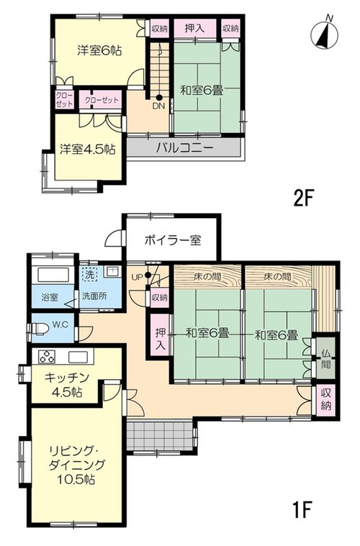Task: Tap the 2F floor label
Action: pyautogui.click(x=305, y=199)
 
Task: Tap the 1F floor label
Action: pyautogui.click(x=302, y=509)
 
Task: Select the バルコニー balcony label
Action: pyautogui.click(x=184, y=148)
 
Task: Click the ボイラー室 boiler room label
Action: pyautogui.click(x=173, y=240)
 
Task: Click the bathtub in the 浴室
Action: pyautogui.click(x=53, y=274)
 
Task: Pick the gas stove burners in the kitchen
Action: pyautogui.click(x=46, y=357)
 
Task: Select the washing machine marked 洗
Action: pyautogui.click(x=90, y=274)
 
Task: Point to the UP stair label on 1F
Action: pyautogui.click(x=138, y=277)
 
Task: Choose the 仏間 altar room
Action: pyautogui.click(x=326, y=359)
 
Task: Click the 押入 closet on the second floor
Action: pyautogui.click(x=195, y=29)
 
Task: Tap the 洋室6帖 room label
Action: pyautogui.click(x=99, y=51)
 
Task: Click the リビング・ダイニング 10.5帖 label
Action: pyautogui.click(x=76, y=465)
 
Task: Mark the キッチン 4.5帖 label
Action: pyautogui.click(x=67, y=385)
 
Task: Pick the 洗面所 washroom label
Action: pyautogui.click(x=94, y=296)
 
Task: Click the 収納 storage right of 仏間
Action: pyautogui.click(x=326, y=401)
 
